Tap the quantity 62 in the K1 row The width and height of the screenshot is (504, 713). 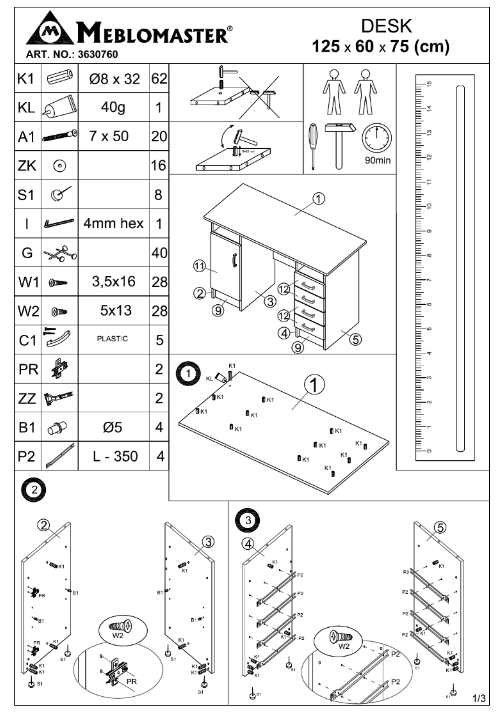click(x=159, y=79)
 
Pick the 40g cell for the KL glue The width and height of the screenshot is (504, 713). click(x=113, y=107)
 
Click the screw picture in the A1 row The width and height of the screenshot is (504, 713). click(x=59, y=136)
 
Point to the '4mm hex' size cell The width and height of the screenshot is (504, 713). click(x=114, y=223)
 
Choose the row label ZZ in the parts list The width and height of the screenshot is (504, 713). click(x=27, y=398)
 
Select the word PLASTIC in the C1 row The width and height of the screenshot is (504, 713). click(x=112, y=339)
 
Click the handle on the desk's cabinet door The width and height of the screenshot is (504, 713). click(x=234, y=259)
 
